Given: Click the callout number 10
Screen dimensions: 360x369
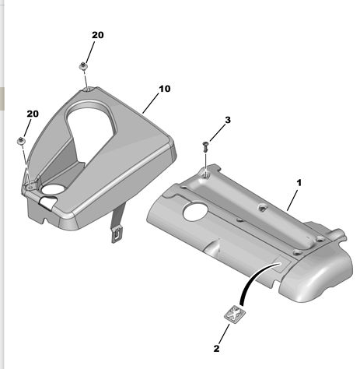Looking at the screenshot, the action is (165, 89).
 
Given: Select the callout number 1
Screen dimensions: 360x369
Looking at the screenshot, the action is (299, 183).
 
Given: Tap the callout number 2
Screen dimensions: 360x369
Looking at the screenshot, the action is (216, 349).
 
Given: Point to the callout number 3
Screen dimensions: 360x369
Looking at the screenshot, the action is (228, 120).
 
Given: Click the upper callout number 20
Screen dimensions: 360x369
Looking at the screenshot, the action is (98, 35).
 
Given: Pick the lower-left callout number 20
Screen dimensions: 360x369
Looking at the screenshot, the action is (33, 114).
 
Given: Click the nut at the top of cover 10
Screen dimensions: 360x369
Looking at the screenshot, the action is (82, 66).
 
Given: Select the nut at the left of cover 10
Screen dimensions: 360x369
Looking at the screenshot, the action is (21, 141).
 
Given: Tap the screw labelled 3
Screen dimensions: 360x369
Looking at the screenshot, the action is (206, 146).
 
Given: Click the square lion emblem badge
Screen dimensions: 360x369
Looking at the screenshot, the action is (235, 314).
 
